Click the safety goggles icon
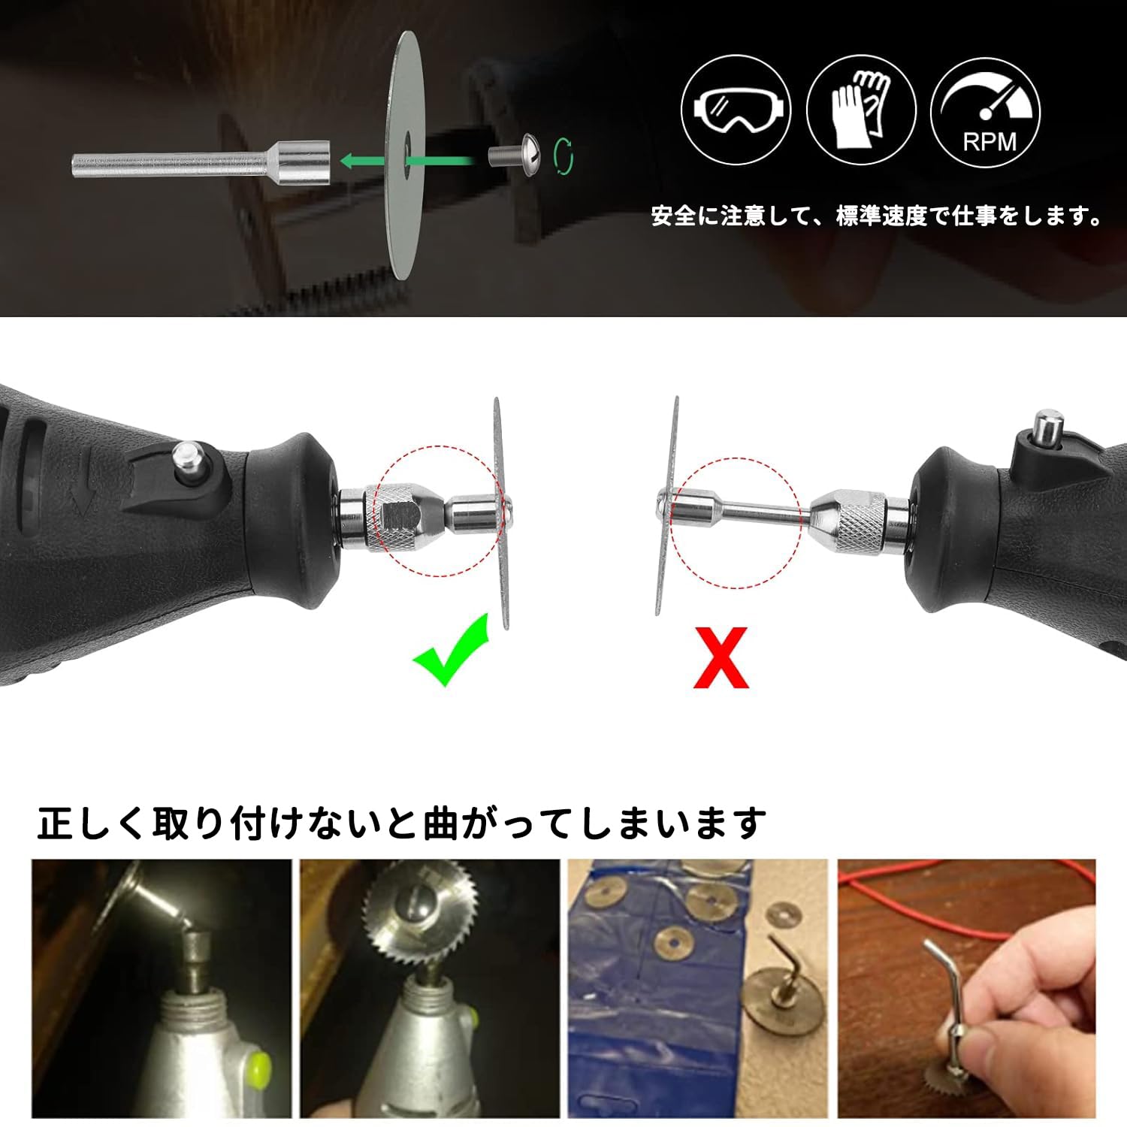pos(736,110)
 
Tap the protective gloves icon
pos(862,110)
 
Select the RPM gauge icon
pos(986,110)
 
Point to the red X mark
pos(721,657)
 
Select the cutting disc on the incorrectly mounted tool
pos(666,506)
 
